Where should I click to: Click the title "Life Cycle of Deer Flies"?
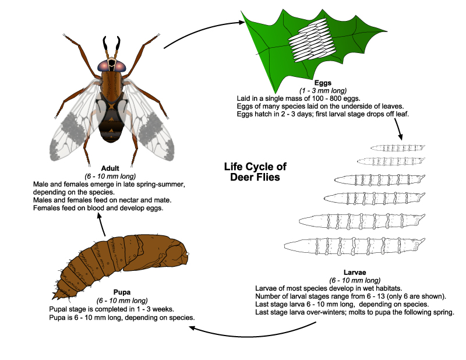[x=255, y=172]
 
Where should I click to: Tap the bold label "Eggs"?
[x=323, y=83]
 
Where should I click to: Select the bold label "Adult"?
[x=110, y=168]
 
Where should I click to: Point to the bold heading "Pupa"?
[x=122, y=292]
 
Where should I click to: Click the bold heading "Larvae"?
[x=355, y=273]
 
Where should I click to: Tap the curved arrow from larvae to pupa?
[x=252, y=334]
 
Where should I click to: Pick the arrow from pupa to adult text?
[x=102, y=225]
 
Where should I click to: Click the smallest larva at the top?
[x=398, y=148]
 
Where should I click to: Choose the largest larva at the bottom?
[x=355, y=246]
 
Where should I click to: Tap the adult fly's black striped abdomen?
[x=111, y=127]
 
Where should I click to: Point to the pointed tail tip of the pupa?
[x=54, y=297]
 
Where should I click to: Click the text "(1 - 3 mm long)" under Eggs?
[x=323, y=91]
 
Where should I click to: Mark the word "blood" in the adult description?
[x=96, y=208]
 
